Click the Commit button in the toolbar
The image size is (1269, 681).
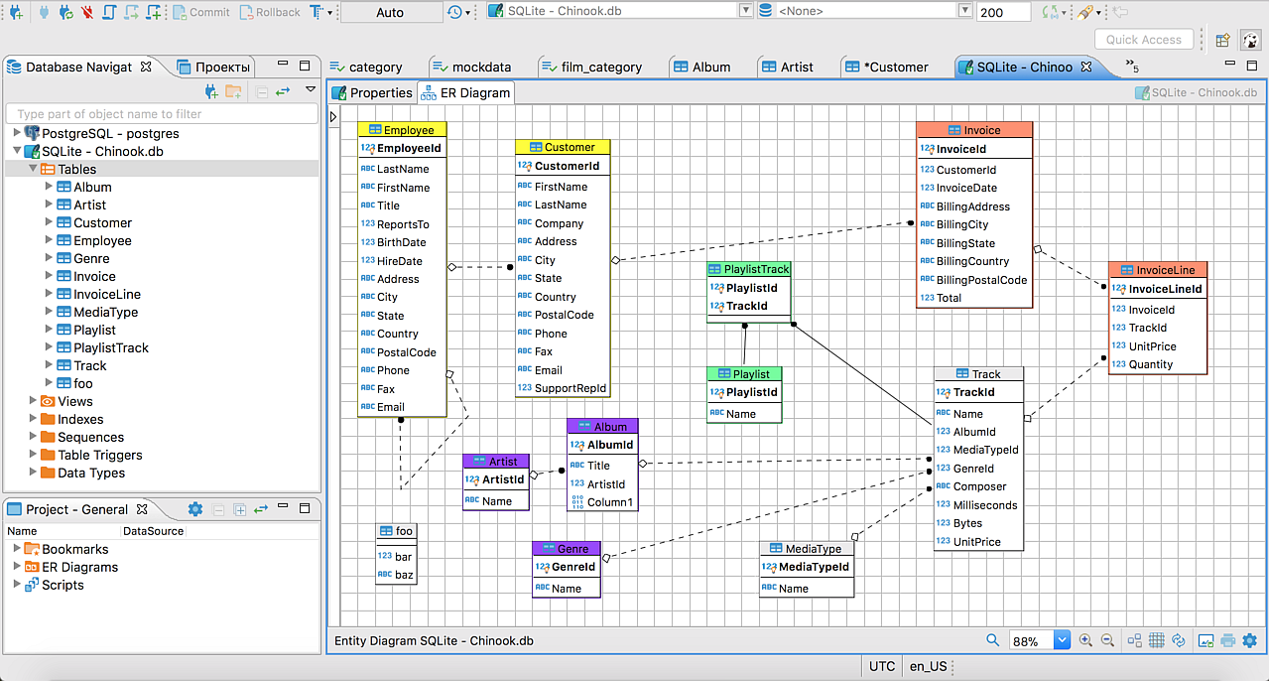click(x=201, y=12)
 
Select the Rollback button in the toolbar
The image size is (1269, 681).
click(x=270, y=12)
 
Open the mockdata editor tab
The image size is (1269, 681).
click(x=472, y=67)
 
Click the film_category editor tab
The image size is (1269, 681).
click(x=592, y=67)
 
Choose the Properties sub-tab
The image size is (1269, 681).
click(x=372, y=92)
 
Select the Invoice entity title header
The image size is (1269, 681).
click(x=974, y=130)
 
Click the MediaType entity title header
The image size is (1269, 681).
click(x=807, y=548)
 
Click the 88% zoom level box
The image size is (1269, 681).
click(x=1031, y=640)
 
